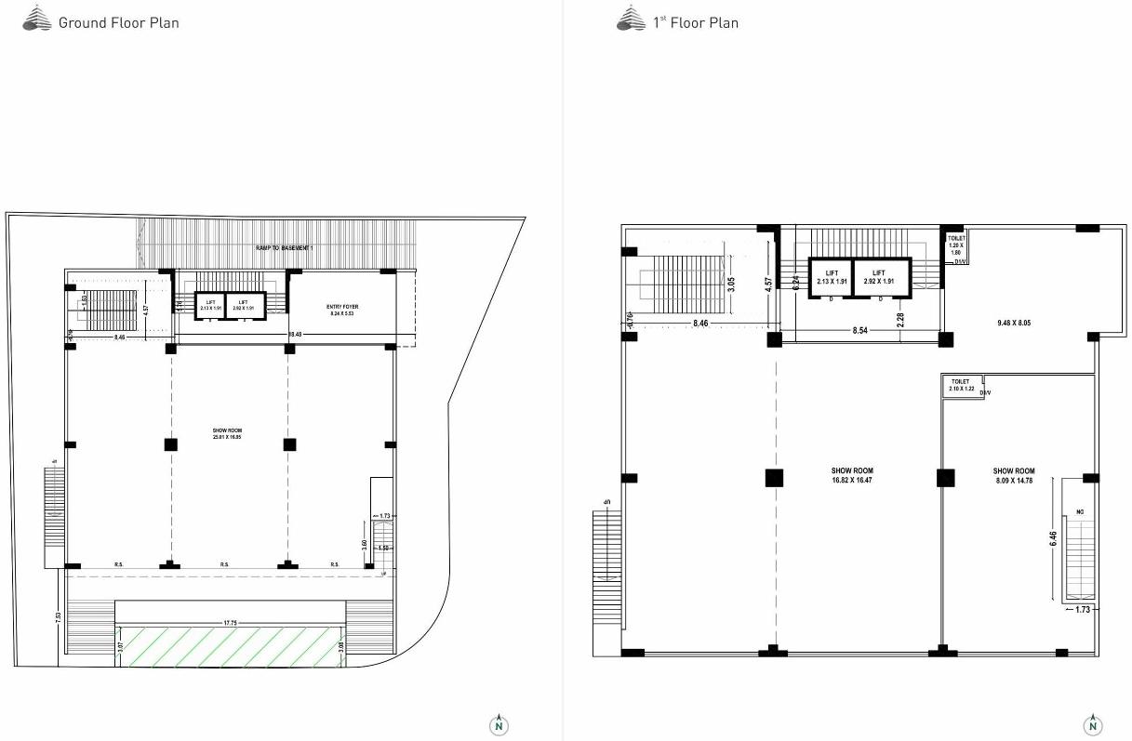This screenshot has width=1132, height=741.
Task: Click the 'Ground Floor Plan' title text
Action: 118,22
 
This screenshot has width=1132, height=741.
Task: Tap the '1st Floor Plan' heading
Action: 695,22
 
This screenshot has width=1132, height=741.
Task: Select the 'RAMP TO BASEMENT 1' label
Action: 286,248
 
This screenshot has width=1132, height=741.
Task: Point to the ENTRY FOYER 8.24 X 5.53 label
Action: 342,311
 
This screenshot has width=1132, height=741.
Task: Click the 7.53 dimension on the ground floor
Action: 59,617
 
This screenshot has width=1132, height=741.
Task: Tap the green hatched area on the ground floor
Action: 229,646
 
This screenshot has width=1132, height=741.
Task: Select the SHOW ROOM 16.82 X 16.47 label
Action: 852,476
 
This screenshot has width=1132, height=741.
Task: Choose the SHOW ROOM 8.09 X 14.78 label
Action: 1013,476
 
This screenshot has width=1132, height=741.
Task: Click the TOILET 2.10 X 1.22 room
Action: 961,385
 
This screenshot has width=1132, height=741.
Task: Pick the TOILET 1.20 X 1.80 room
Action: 955,245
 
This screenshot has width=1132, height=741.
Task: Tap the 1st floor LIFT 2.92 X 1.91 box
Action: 879,277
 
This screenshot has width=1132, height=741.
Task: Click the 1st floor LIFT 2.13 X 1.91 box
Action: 831,277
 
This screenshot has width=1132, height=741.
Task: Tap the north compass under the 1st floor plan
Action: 1093,724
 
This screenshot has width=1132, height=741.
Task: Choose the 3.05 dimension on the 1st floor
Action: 732,284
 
